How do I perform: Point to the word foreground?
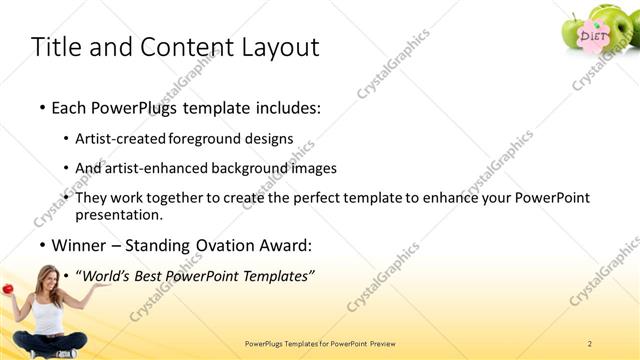coord(207,140)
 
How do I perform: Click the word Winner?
coord(80,245)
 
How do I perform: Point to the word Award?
coord(282,245)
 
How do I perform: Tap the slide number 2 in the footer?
coord(590,343)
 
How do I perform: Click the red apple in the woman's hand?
coord(7,289)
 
